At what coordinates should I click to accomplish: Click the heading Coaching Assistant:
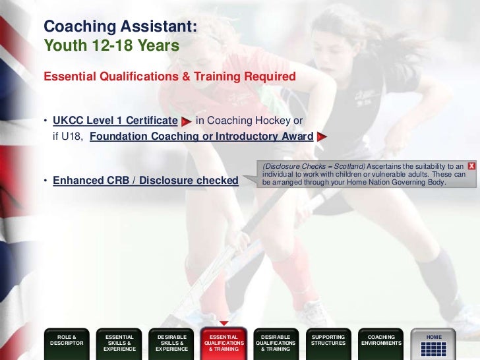120,27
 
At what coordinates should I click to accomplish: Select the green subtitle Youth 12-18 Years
111,46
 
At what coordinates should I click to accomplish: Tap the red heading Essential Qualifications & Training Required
169,76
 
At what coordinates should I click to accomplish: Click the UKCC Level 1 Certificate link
115,121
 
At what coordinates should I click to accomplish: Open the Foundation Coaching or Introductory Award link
201,136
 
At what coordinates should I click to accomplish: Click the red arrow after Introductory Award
322,137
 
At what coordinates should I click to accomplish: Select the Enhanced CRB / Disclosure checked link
145,180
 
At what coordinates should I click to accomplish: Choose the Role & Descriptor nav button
67,340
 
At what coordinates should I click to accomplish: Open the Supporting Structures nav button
328,340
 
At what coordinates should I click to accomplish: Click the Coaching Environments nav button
381,340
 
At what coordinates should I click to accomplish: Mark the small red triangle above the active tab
224,324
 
